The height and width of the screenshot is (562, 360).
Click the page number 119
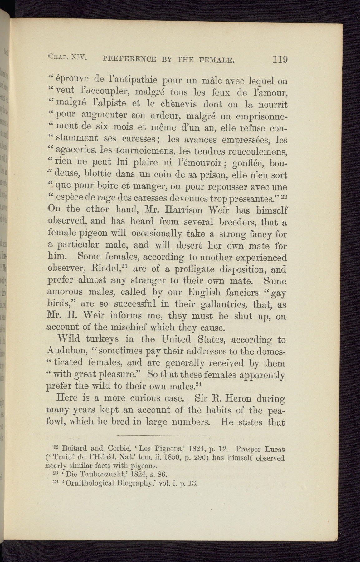(x=280, y=59)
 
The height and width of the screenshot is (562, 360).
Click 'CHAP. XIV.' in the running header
(x=67, y=58)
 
